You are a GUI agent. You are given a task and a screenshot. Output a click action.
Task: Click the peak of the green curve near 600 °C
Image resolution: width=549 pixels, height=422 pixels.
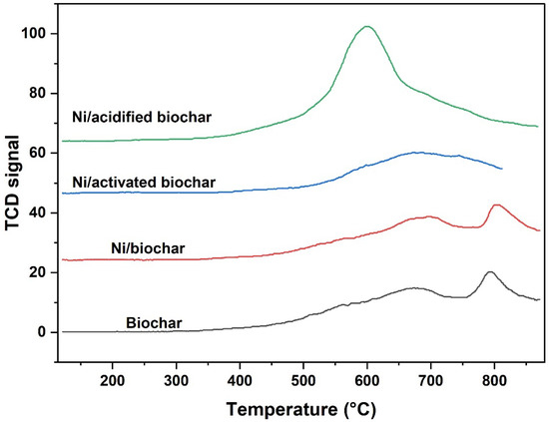367,27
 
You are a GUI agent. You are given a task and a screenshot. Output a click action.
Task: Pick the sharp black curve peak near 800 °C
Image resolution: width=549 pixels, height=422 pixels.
490,271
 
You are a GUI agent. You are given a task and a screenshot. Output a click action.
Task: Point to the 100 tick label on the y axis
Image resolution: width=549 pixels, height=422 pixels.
41,34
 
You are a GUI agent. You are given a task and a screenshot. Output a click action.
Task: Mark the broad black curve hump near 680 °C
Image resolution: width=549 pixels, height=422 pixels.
412,288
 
